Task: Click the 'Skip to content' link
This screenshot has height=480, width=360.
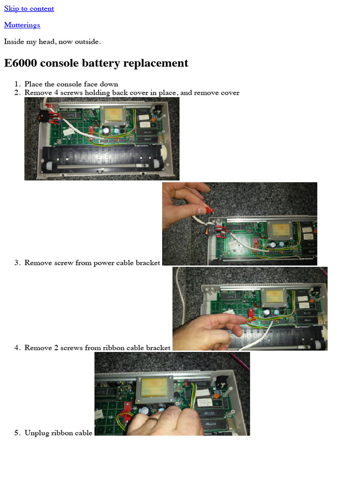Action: pos(29,8)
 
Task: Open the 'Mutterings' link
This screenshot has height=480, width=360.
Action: pos(22,25)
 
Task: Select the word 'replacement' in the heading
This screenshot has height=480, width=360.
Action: pos(160,63)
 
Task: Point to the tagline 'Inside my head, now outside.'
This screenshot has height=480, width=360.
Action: pos(52,41)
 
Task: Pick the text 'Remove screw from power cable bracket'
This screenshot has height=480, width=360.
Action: pos(92,262)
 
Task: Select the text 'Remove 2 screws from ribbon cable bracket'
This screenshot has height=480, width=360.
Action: pos(97,348)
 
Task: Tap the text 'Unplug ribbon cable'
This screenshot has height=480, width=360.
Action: pos(59,433)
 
